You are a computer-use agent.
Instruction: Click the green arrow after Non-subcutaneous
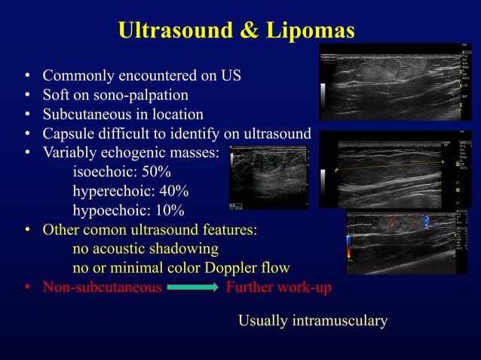pyautogui.click(x=193, y=288)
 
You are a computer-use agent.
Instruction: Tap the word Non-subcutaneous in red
pyautogui.click(x=102, y=288)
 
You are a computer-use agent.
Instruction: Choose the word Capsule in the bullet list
pyautogui.click(x=68, y=134)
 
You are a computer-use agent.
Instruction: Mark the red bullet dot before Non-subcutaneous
pyautogui.click(x=26, y=288)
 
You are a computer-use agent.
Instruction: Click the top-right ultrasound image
pyautogui.click(x=395, y=82)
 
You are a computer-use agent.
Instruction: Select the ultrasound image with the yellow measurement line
pyautogui.click(x=395, y=169)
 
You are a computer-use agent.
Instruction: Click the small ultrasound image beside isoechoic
pyautogui.click(x=268, y=178)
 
